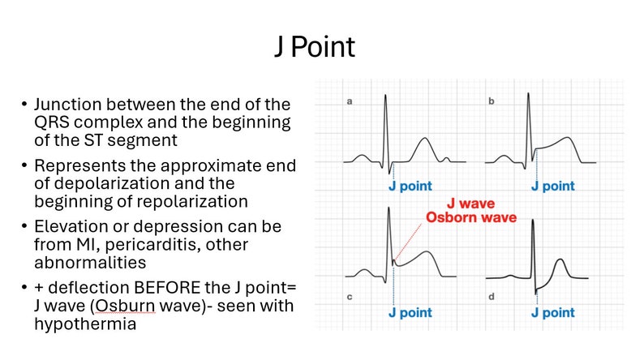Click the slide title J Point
(x=314, y=47)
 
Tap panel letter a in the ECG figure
(x=350, y=102)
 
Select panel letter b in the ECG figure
(x=492, y=102)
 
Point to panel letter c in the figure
(x=350, y=297)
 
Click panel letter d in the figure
(x=492, y=297)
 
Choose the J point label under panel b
(x=553, y=186)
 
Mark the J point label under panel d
(x=553, y=313)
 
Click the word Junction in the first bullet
(x=65, y=105)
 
